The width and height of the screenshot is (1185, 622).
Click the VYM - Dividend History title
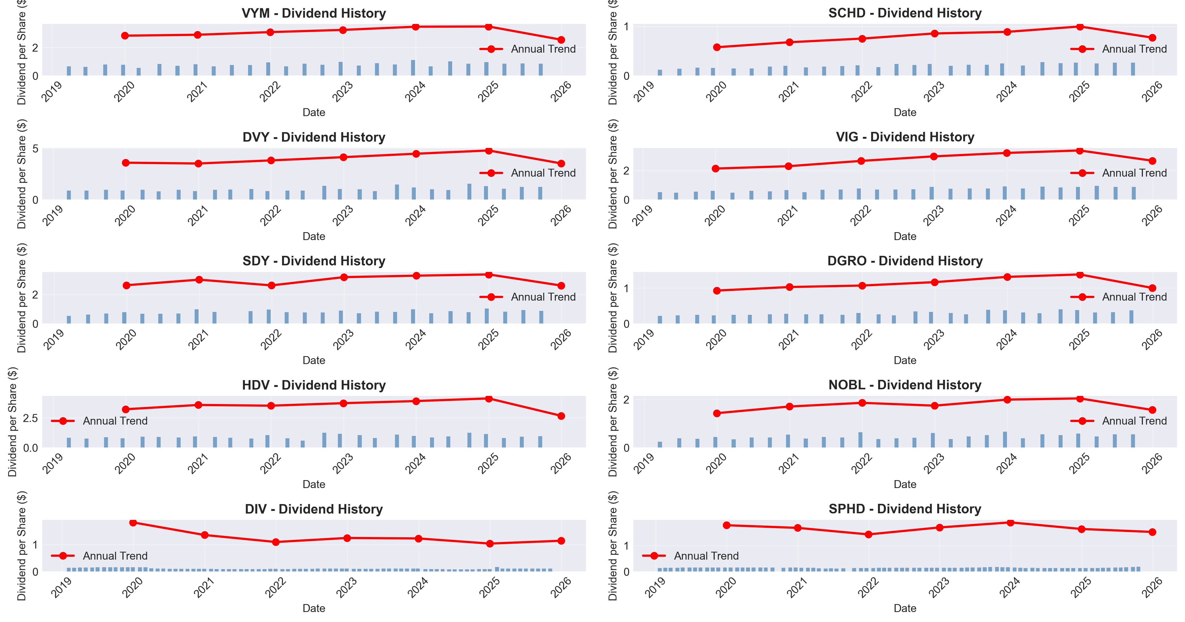pyautogui.click(x=314, y=13)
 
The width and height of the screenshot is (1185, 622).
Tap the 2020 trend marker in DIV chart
pyautogui.click(x=134, y=522)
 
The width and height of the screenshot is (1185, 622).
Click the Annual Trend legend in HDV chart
pyautogui.click(x=99, y=421)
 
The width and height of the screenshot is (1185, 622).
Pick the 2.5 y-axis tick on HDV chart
pyautogui.click(x=30, y=418)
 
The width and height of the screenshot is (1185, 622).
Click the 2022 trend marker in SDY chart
pyautogui.click(x=271, y=286)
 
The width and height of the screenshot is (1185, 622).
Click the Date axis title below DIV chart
pyautogui.click(x=314, y=608)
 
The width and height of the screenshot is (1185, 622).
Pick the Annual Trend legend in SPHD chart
pyautogui.click(x=690, y=556)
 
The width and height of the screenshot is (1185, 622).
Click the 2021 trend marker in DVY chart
pyautogui.click(x=198, y=164)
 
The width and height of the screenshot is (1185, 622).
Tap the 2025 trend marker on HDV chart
pyautogui.click(x=488, y=399)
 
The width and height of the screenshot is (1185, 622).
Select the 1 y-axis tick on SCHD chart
pyautogui.click(x=626, y=27)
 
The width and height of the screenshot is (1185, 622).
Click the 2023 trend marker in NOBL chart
pyautogui.click(x=934, y=406)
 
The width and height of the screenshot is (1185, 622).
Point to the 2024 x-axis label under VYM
pyautogui.click(x=415, y=92)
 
